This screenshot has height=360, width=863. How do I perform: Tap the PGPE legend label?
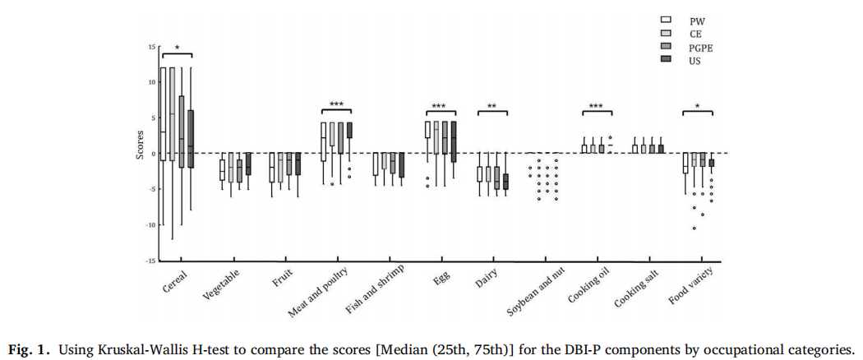click(700, 48)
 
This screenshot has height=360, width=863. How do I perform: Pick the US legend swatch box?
click(667, 61)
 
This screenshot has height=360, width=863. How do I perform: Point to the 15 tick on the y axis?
click(151, 47)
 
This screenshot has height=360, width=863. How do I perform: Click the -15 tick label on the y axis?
click(150, 261)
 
